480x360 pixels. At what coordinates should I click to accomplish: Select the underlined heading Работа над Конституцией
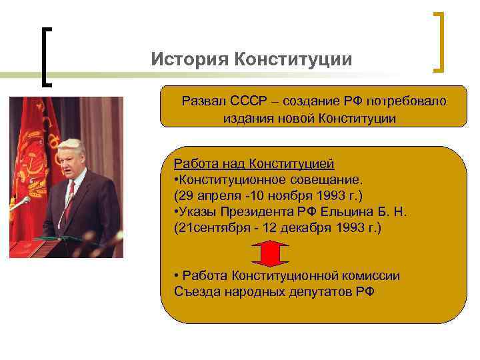(x=253, y=164)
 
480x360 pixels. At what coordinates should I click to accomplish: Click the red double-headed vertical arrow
(x=270, y=253)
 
